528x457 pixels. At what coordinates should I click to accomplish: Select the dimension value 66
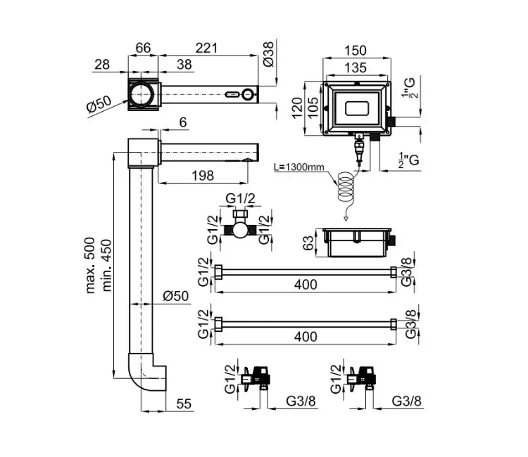coord(144,48)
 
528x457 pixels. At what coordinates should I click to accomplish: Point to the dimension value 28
coord(101,64)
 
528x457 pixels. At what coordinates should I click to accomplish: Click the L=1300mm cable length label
coord(300,168)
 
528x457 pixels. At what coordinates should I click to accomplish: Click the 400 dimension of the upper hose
coord(306,284)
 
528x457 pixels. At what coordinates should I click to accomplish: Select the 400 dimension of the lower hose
coord(306,336)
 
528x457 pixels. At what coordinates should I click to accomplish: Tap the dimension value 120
coord(296,107)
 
